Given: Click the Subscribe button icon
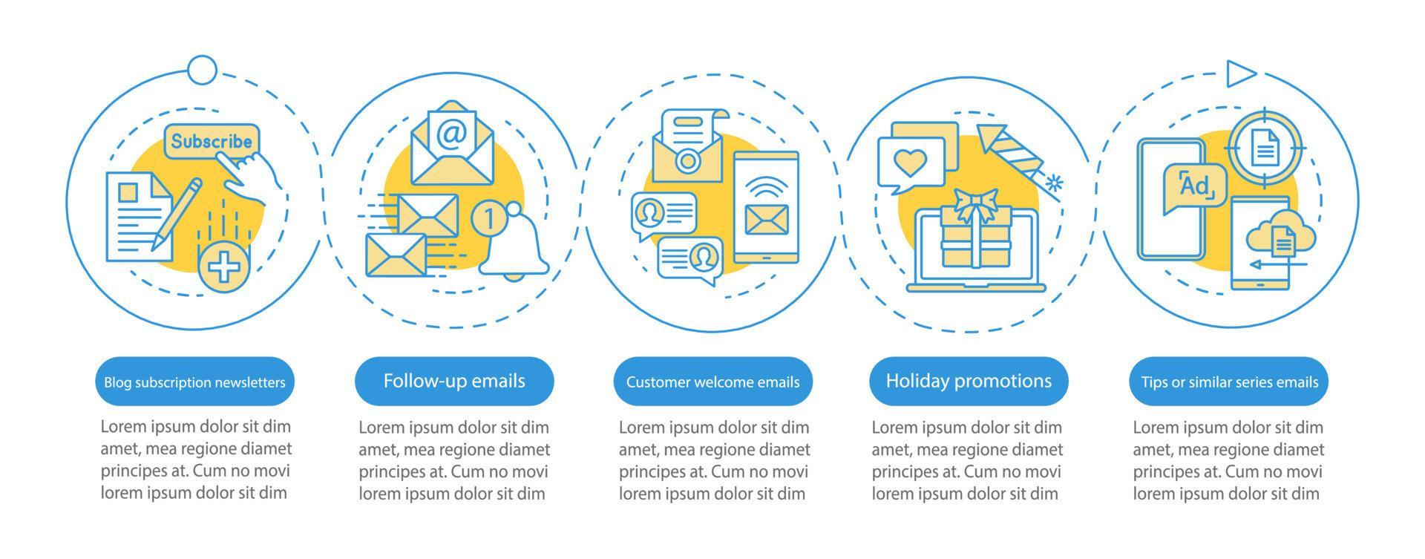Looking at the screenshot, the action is [211, 141].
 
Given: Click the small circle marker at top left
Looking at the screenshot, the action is [202, 71].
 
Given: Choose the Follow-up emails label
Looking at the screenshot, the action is [454, 382].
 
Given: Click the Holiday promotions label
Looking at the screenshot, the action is [969, 382].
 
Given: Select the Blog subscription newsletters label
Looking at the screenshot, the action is [194, 382].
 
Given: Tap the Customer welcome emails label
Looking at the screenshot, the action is [712, 382].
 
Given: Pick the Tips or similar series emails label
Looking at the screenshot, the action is [1229, 382].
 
